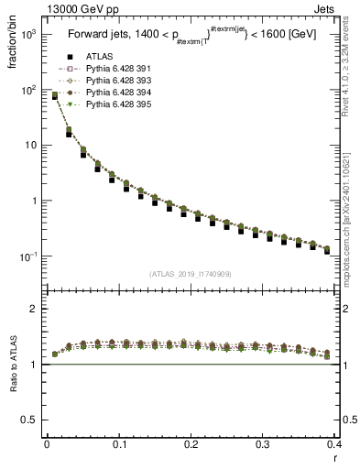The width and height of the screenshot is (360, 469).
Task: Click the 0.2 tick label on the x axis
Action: pyautogui.click(x=191, y=444)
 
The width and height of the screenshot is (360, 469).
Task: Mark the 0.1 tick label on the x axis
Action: pyautogui.click(x=118, y=444)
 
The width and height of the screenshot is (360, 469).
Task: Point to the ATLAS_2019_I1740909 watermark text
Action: pyautogui.click(x=191, y=273)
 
